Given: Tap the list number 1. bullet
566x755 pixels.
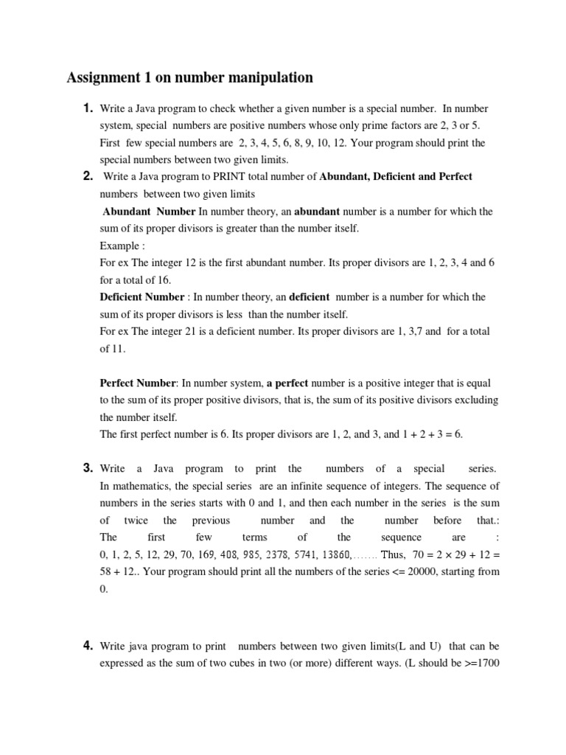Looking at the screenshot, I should coord(88,108).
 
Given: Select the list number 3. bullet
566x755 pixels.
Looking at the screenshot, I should coord(88,468).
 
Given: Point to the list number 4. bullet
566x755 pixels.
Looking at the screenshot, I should coord(88,646).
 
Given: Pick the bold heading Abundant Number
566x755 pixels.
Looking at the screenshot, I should coord(144,212).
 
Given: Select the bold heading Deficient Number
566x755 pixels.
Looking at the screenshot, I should coord(142,297).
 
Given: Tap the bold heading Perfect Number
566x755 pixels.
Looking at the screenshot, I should coord(138,383).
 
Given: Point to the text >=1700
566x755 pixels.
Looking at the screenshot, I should coord(479,664).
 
